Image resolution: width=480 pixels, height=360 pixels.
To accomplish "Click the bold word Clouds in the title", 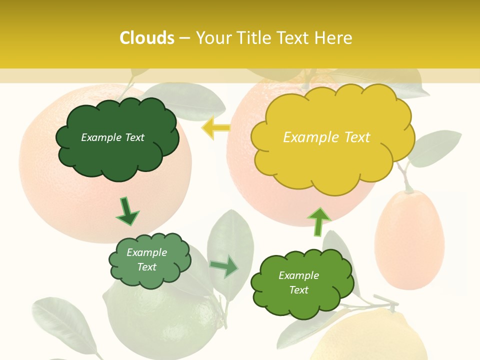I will (x=147, y=38).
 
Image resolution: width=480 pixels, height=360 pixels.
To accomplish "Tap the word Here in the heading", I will (x=334, y=38).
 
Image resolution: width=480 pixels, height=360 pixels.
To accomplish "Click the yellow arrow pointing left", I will (x=215, y=128).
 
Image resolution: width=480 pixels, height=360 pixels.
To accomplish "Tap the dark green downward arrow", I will (x=126, y=211).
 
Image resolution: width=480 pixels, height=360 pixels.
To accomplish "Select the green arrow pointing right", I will (x=224, y=267).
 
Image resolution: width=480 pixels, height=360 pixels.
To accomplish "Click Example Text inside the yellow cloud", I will (x=326, y=137).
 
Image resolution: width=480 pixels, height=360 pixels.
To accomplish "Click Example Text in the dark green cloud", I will (x=112, y=137).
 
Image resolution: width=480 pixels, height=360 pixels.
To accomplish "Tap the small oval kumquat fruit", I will (x=409, y=240).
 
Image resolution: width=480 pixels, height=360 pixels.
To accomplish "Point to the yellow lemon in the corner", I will (x=370, y=337).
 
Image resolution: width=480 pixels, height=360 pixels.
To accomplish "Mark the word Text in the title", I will (x=294, y=38).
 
